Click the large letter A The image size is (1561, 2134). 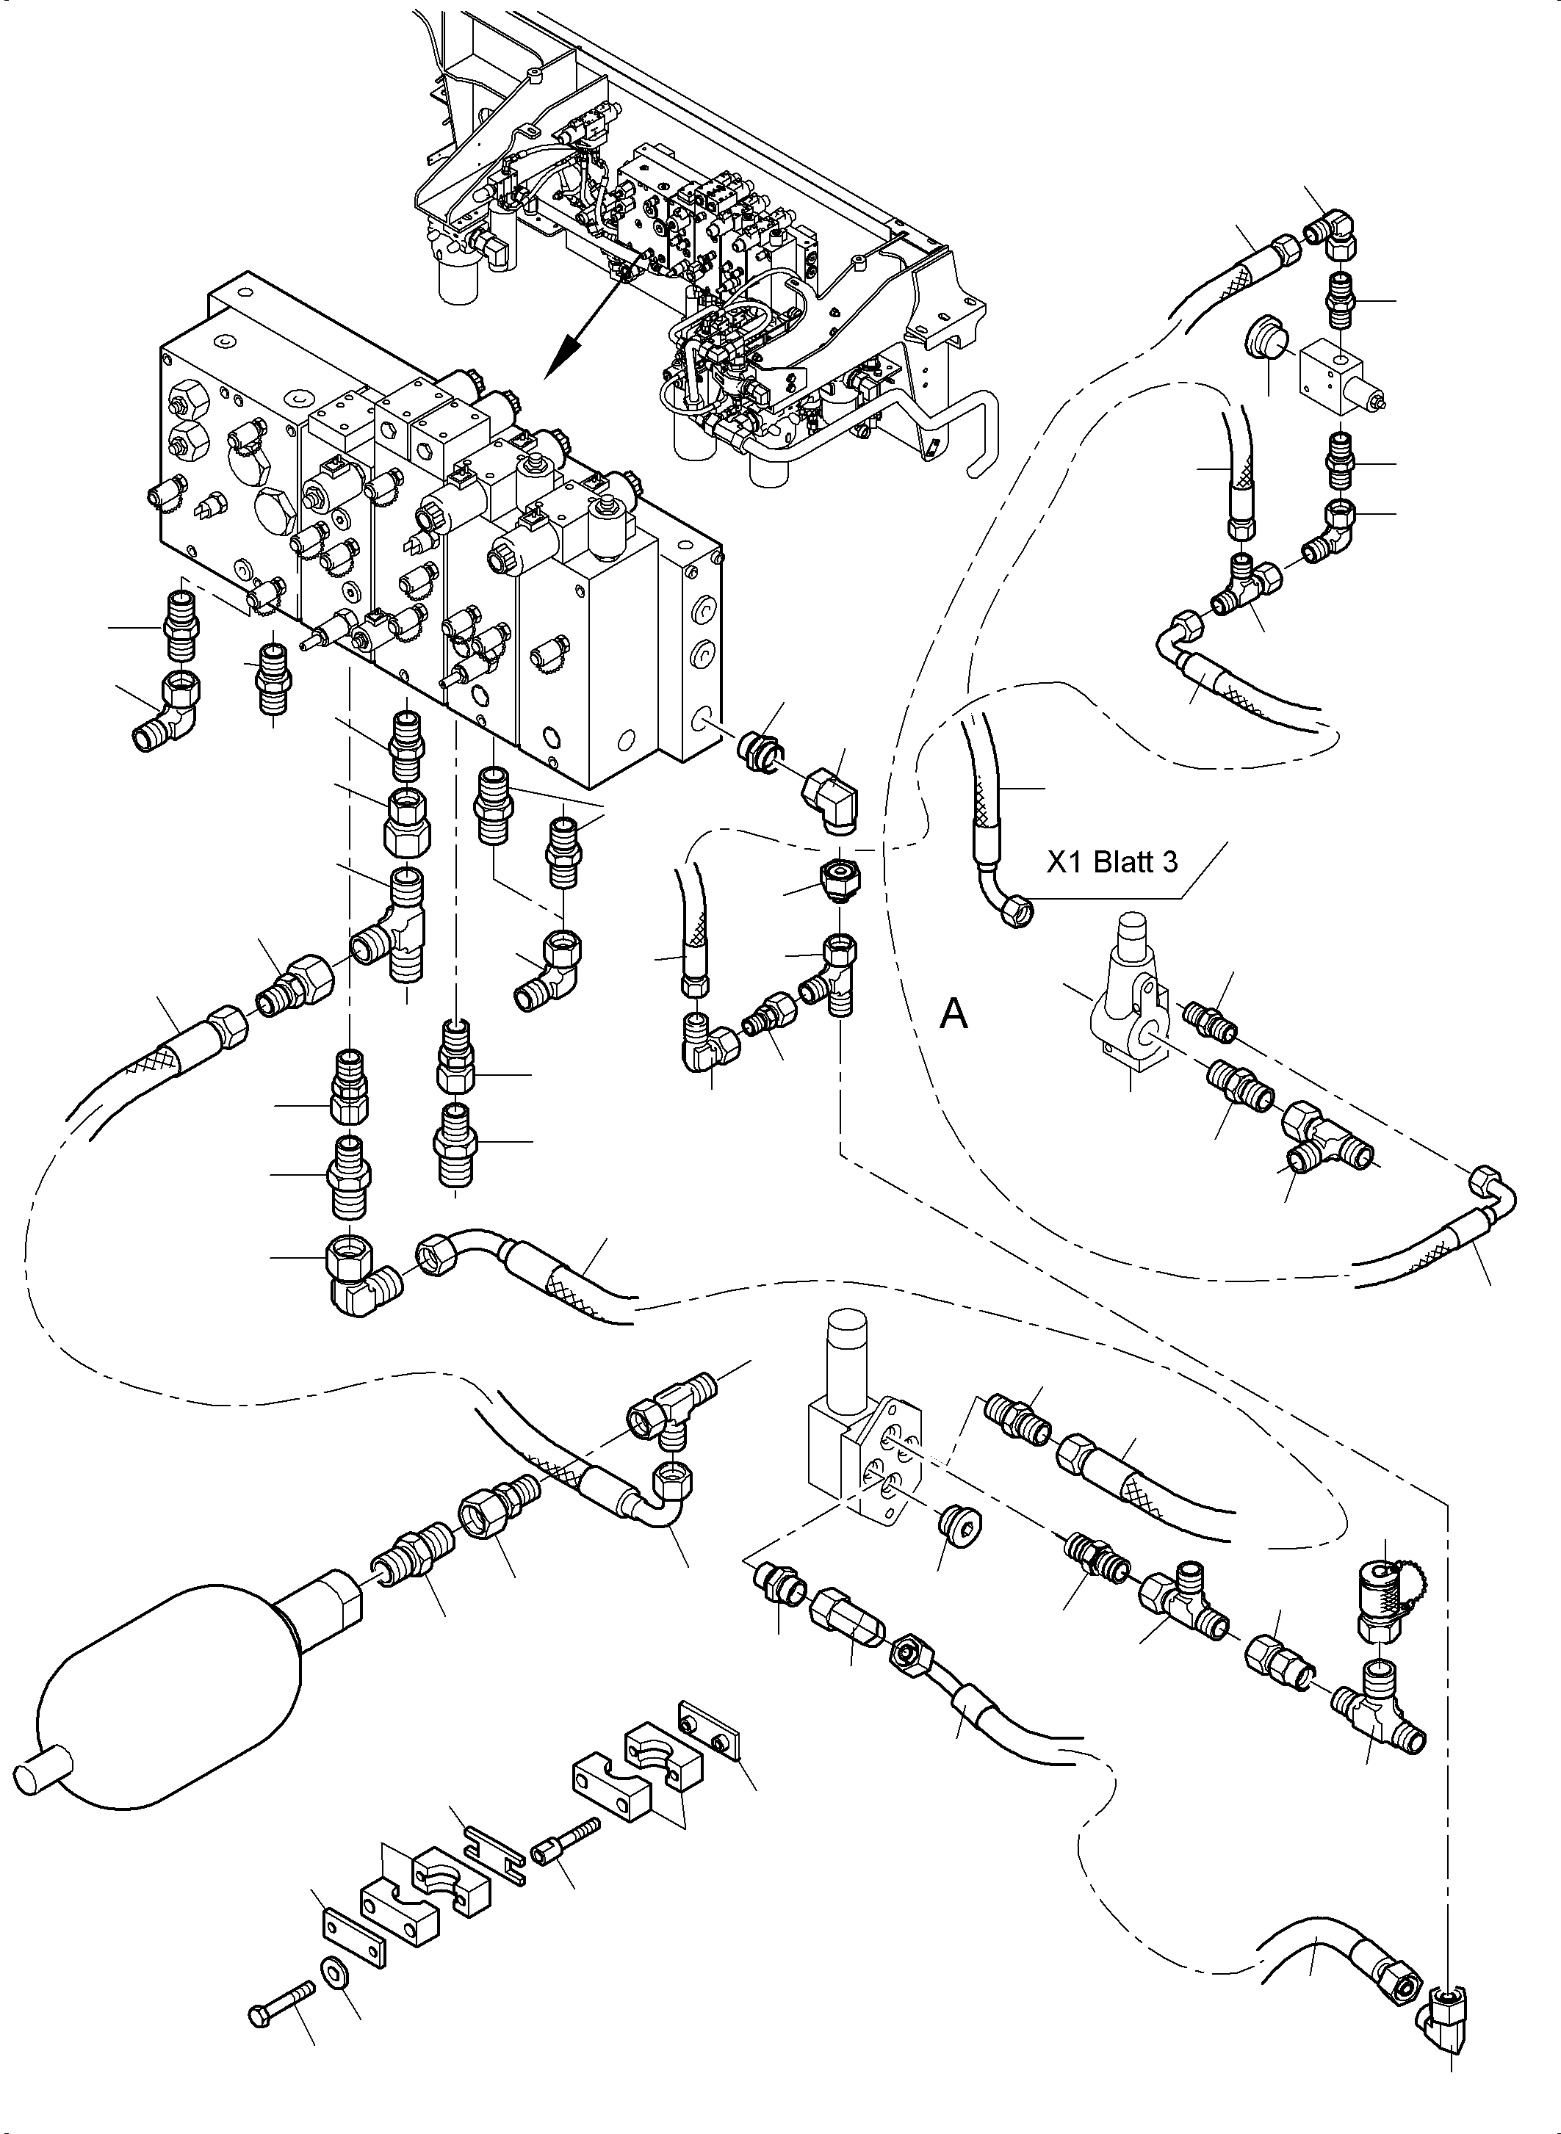(954, 1015)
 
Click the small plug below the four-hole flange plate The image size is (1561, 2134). (956, 1520)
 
